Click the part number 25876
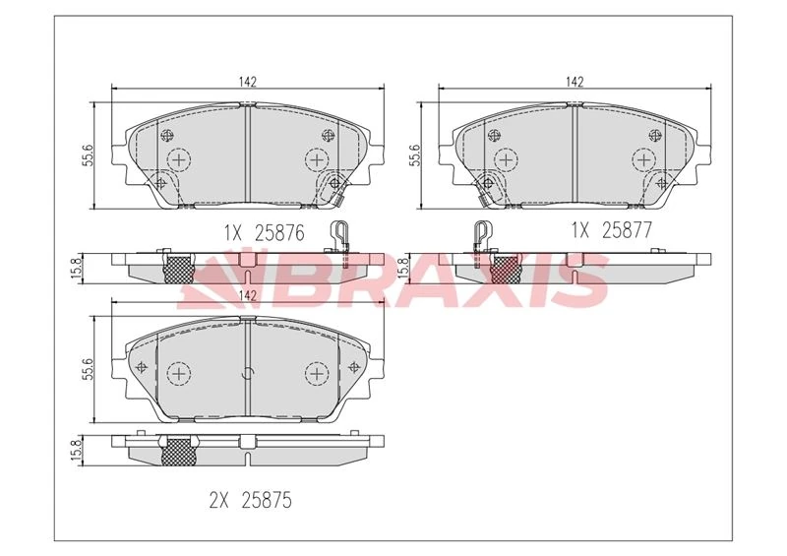pos(279,233)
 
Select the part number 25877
pos(627,230)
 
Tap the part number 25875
pos(266,500)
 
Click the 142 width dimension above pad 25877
pos(575,82)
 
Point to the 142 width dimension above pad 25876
pos(248,82)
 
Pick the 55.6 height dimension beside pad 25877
pos(415,154)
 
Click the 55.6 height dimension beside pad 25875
pos(88,369)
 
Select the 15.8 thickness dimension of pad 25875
pos(77,450)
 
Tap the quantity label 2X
pos(218,500)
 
